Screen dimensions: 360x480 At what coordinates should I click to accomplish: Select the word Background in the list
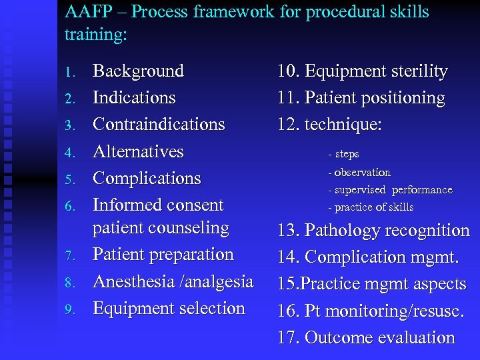point(138,71)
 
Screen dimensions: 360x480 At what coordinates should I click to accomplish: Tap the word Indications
point(134,97)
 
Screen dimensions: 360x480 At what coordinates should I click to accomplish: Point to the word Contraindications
point(159,124)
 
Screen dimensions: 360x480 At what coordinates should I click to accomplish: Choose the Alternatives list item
point(138,151)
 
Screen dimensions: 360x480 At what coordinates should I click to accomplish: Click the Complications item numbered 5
point(147,178)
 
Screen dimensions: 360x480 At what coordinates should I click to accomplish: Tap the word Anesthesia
point(135,281)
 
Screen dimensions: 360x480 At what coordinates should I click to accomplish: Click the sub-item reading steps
point(347,154)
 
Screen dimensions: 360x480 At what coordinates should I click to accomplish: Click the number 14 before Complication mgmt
point(288,257)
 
